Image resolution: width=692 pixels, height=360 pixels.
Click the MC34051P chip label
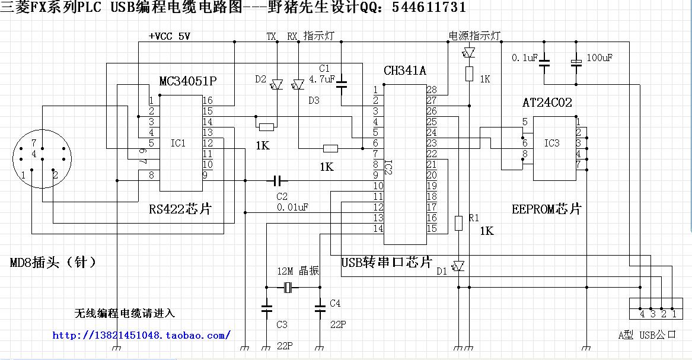click(x=189, y=81)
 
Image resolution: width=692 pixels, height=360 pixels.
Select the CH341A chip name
click(x=404, y=71)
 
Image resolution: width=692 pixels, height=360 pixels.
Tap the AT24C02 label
click(x=547, y=103)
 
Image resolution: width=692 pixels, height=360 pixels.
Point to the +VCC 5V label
click(x=170, y=36)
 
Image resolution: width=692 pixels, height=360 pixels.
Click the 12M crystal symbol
click(x=288, y=289)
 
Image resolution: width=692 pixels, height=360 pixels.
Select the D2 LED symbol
click(x=277, y=85)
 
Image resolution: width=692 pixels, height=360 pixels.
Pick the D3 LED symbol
click(x=298, y=85)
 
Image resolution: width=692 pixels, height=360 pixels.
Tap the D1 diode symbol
click(x=458, y=266)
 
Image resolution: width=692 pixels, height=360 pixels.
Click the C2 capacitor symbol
click(x=278, y=180)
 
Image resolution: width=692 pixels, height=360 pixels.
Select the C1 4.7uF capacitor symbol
click(x=342, y=84)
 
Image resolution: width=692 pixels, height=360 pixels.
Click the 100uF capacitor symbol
click(x=575, y=62)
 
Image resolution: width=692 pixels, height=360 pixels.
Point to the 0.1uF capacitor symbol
click(x=545, y=62)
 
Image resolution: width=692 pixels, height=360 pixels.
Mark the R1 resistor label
click(x=473, y=218)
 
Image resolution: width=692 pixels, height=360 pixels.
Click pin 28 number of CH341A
click(x=432, y=90)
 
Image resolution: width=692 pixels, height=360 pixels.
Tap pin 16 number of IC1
click(x=208, y=100)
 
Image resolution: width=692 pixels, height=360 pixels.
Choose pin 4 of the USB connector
click(x=642, y=314)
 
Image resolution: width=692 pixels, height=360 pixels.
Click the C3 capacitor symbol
click(x=266, y=308)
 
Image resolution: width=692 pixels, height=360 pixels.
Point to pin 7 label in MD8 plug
click(x=34, y=143)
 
